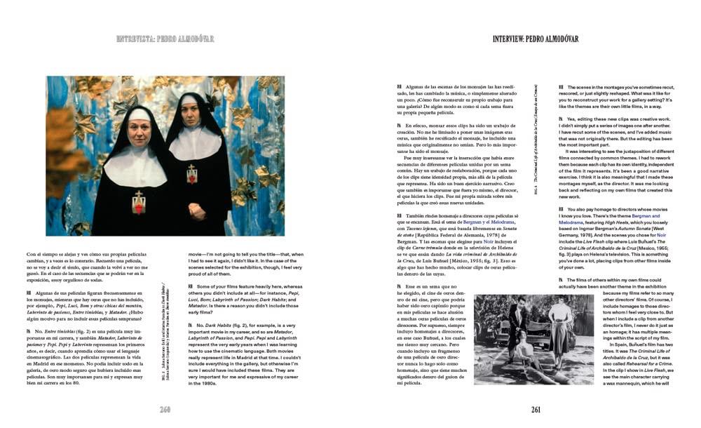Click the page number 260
[165, 410]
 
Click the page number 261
[536, 410]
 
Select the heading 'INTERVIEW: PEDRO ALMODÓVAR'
[536, 39]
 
